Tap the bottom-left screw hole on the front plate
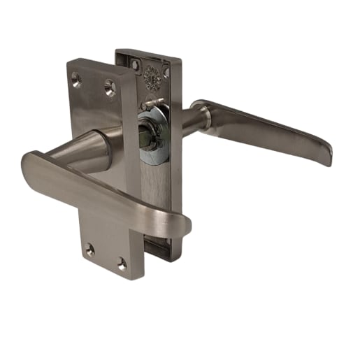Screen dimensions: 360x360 [89, 248]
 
